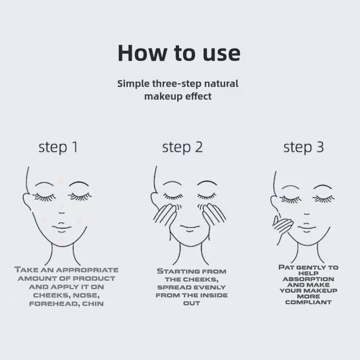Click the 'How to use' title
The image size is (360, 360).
(179, 53)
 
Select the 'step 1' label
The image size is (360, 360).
(58, 147)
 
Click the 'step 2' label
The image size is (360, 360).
(182, 147)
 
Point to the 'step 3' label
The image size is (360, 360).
(304, 147)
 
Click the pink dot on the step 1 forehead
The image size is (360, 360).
(61, 182)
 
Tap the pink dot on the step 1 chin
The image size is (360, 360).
(61, 240)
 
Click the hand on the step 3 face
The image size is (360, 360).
(282, 228)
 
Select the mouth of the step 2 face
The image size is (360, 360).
(190, 228)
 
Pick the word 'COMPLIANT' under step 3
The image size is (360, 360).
(308, 302)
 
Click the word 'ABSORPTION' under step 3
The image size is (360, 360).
(308, 279)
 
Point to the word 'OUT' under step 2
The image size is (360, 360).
(192, 303)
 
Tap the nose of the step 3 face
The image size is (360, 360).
(307, 214)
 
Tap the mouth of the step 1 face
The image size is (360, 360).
(61, 227)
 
